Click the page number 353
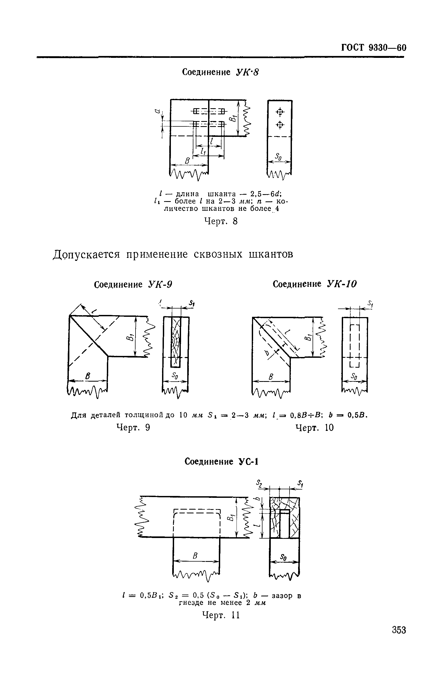pyautogui.click(x=399, y=630)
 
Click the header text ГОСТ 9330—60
pyautogui.click(x=374, y=47)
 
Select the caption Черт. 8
pyautogui.click(x=221, y=221)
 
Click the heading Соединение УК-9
pyautogui.click(x=133, y=284)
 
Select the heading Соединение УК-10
pyautogui.click(x=314, y=284)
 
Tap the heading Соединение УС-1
pyautogui.click(x=221, y=461)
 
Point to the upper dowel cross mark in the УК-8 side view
pyautogui.click(x=280, y=112)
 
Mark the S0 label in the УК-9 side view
pyautogui.click(x=175, y=376)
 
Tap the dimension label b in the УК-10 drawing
pyautogui.click(x=267, y=353)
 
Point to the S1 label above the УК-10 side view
pyautogui.click(x=370, y=303)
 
